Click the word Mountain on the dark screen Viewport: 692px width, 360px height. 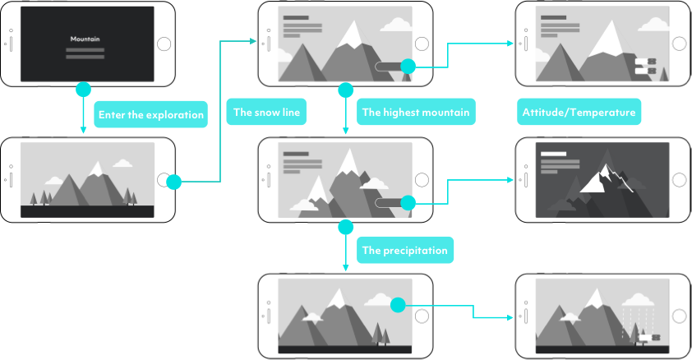(87, 39)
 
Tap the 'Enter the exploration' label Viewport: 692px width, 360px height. (150, 114)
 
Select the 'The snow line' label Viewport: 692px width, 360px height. (267, 113)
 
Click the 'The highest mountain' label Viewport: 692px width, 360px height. (416, 113)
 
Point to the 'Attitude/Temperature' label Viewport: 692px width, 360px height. (579, 113)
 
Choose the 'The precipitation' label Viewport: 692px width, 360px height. (405, 250)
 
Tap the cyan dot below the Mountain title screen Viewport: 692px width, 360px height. (83, 89)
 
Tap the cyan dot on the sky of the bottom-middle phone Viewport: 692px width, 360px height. (398, 305)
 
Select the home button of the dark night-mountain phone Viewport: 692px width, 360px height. (680, 180)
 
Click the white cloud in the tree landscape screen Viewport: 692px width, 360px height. (122, 163)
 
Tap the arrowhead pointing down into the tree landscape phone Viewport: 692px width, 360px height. (83, 130)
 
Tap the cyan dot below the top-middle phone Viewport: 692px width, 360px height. (346, 89)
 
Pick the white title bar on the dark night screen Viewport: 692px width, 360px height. (554, 154)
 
